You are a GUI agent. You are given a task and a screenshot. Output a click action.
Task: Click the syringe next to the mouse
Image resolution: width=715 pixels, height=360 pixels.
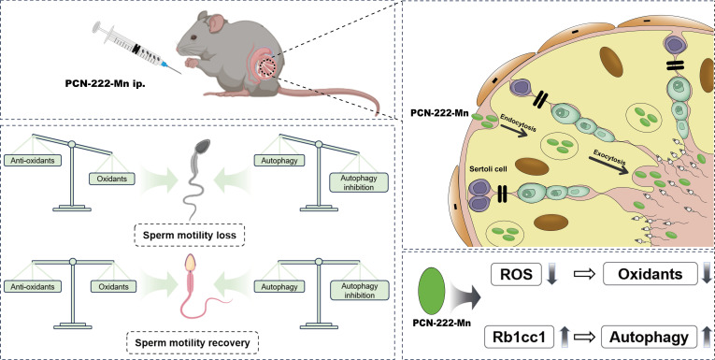pos(136,48)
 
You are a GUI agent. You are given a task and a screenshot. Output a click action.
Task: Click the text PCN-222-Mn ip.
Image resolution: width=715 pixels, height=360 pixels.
pos(104,84)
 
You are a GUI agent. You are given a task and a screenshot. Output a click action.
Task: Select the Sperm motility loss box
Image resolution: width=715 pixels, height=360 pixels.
pos(190,236)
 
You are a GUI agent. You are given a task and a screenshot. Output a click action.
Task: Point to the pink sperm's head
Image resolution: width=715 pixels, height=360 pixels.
pos(192,263)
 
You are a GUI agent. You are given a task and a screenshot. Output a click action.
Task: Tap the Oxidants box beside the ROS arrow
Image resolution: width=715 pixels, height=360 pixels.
pos(651,274)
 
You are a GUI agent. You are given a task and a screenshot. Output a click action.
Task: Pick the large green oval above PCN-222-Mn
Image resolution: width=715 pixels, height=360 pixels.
pos(431,291)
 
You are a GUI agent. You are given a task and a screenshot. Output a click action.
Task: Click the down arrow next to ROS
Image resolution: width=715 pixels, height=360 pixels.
pos(551,274)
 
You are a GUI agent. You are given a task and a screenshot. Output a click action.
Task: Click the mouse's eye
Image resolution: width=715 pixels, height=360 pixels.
pos(194,37)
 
